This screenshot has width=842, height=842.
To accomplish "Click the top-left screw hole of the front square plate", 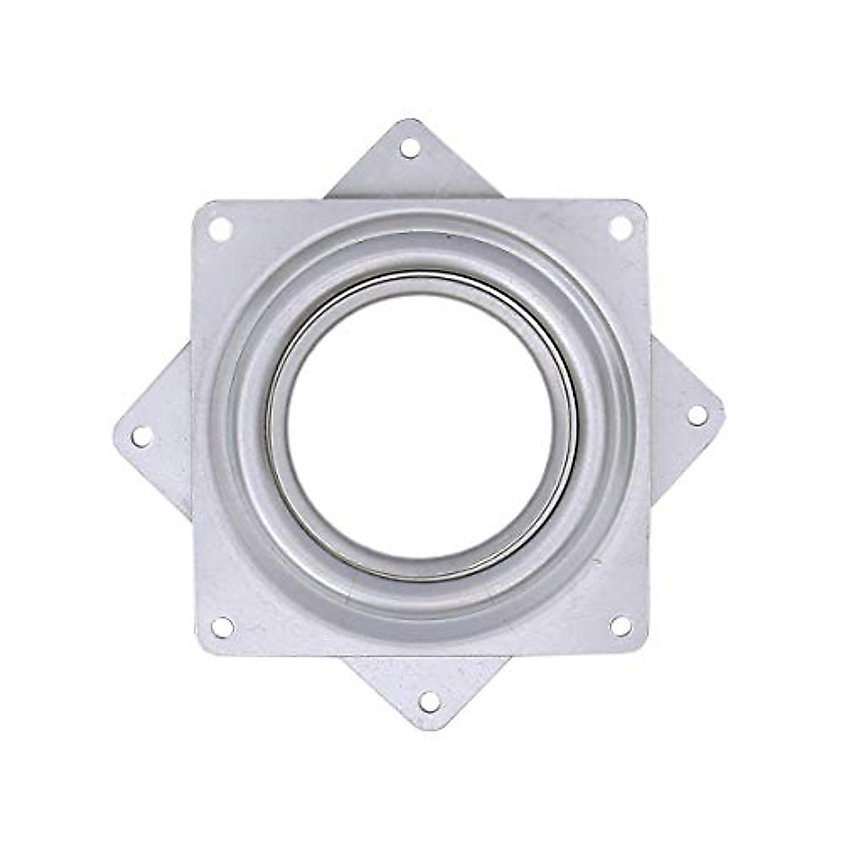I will (221, 227).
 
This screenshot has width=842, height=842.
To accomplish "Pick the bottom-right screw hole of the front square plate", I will (620, 625).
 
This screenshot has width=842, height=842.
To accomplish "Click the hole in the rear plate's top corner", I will (410, 148).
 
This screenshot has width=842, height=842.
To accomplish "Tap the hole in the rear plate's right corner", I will (697, 415).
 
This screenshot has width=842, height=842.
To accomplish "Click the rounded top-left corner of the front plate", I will (197, 205).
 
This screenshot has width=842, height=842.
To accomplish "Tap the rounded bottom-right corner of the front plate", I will (643, 649).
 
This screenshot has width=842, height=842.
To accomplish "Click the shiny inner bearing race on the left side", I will (277, 428).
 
